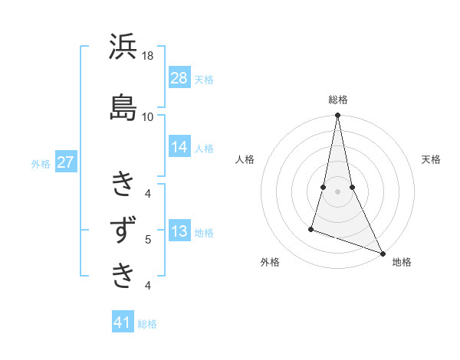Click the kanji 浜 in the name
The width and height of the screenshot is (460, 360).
coord(123,48)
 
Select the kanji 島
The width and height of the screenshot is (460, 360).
coord(123,106)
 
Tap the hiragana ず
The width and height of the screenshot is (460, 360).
coord(123,231)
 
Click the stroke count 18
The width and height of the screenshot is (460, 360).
coord(148,56)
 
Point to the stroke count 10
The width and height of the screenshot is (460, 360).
coord(148,116)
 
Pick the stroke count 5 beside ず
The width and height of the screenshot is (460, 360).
coord(148,240)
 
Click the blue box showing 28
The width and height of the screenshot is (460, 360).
coord(179,78)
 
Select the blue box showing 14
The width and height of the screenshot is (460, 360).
coord(179,147)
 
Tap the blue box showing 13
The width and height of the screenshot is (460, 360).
coord(179,232)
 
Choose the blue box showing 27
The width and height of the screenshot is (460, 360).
coord(65,162)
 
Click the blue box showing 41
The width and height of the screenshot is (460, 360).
coord(123,322)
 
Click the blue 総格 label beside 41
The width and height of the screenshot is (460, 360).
coord(147,324)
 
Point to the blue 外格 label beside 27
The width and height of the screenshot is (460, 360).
coord(41,163)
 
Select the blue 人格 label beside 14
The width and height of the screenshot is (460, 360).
coord(204,148)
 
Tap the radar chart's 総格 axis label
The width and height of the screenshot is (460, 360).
coord(338,100)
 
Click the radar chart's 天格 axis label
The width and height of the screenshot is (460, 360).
coord(431,159)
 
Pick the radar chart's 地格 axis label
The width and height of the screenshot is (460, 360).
coord(402,263)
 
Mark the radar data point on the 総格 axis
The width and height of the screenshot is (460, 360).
coord(338,116)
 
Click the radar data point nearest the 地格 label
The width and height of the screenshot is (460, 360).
coord(382,253)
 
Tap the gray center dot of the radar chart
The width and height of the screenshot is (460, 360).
coord(338,191)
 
